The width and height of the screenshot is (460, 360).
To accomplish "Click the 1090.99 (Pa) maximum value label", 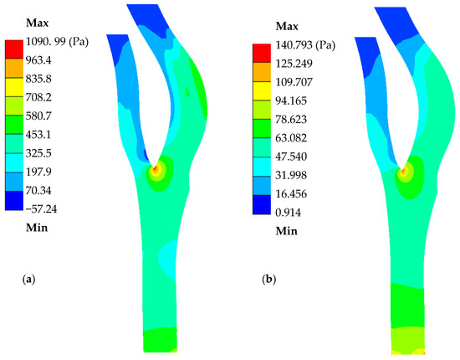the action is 57,42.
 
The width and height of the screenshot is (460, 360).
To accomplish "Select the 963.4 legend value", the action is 38,60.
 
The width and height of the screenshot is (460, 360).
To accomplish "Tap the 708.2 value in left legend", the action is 38,97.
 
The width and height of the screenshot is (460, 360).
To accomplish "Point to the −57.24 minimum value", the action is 41,209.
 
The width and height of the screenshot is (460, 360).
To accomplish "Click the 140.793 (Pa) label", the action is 305,45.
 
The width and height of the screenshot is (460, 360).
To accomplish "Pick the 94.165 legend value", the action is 291,100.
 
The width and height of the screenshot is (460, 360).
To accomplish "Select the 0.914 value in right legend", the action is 288,213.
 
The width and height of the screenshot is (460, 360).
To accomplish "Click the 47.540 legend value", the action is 291,157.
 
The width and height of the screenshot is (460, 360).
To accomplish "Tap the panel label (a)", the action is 28,279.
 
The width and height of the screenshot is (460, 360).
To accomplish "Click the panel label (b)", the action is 269,280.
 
